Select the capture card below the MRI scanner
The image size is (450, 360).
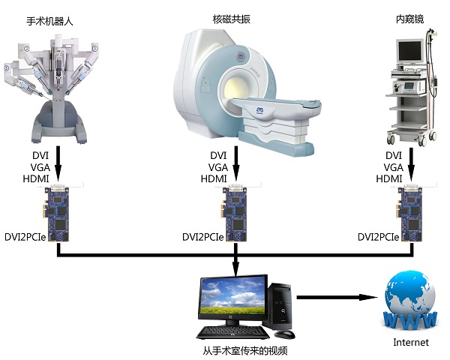237,212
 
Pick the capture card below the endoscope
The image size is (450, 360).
411,212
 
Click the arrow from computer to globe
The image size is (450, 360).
337,297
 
